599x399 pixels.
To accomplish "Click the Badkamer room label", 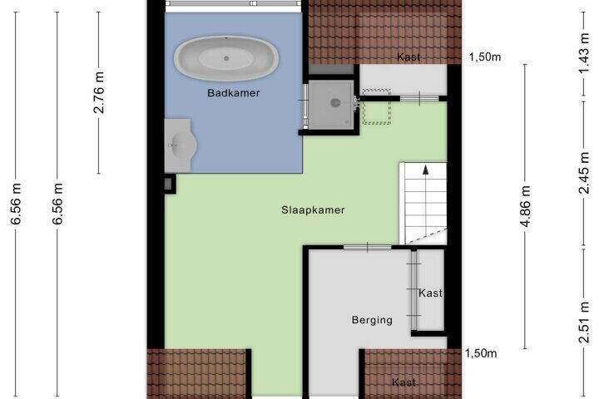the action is pos(234,93).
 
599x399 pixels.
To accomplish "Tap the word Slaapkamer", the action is pos(313,210).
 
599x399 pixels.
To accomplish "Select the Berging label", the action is pos(372,320).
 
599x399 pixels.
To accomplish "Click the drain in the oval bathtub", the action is pos(226,58).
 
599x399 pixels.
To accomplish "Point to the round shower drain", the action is pos(335,102).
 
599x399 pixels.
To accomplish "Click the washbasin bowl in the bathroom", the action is pos(183,145).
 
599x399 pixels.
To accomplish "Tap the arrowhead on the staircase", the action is pos(425,170).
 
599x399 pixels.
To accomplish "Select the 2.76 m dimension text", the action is pos(98,92).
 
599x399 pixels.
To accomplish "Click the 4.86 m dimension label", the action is pos(525,206).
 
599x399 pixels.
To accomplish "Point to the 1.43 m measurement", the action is pos(584,54).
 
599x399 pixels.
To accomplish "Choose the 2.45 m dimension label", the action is pos(584,173).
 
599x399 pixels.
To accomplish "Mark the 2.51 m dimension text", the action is pos(584,323).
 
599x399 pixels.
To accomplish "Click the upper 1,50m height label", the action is pos(485,57).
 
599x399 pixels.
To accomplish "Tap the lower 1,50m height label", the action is pos(481,353).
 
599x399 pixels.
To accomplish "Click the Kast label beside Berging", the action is pos(431,293).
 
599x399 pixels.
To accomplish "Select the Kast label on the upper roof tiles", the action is pos(408,57).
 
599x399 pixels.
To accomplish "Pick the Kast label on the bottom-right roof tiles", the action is pos(403,382).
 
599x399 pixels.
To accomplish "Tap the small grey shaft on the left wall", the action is pos(168,184).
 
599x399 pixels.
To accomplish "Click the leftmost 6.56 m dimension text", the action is pos(16,204).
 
